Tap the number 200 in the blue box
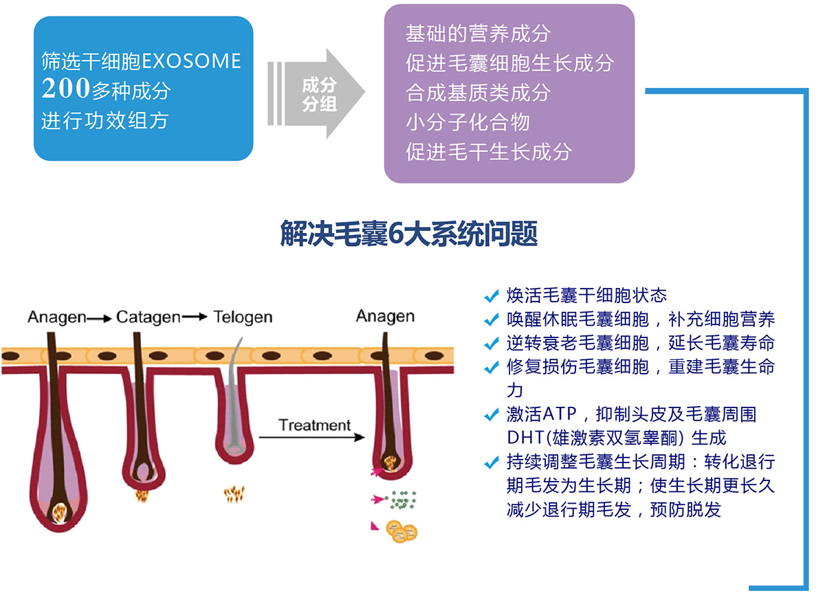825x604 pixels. click(x=66, y=89)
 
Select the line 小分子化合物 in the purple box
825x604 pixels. click(x=467, y=122)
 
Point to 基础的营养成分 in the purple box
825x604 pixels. click(x=478, y=33)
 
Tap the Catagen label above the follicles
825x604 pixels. click(x=148, y=317)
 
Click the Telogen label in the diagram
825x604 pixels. click(x=243, y=317)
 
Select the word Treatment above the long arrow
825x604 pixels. click(x=314, y=425)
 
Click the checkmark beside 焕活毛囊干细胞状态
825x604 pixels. click(x=491, y=296)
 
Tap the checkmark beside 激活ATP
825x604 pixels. click(x=491, y=415)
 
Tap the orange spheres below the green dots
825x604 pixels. click(x=402, y=530)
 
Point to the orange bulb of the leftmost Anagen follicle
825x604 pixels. click(x=60, y=512)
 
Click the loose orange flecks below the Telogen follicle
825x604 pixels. click(x=234, y=493)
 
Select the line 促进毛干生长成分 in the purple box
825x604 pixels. click(x=488, y=151)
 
